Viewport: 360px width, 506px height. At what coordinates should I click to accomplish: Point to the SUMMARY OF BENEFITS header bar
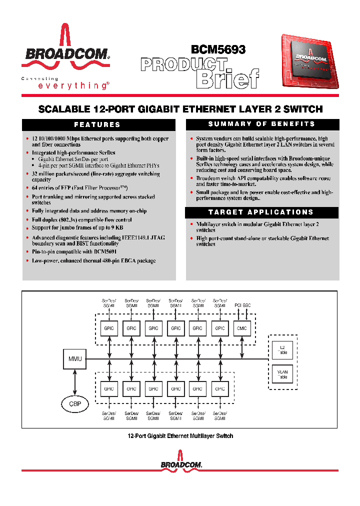(262, 124)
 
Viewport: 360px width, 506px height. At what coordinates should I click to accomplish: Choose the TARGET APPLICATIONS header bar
(262, 212)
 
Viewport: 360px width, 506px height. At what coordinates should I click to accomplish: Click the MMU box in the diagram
(74, 358)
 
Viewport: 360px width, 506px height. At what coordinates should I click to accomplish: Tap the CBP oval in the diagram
(74, 403)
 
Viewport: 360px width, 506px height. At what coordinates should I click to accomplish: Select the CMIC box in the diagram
(241, 328)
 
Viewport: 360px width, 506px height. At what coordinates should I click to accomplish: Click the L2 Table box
(283, 349)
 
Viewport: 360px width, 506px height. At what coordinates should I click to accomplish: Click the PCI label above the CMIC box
(238, 304)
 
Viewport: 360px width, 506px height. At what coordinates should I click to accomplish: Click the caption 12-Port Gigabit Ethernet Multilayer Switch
(180, 436)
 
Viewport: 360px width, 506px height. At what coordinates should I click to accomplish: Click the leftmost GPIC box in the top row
(109, 328)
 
